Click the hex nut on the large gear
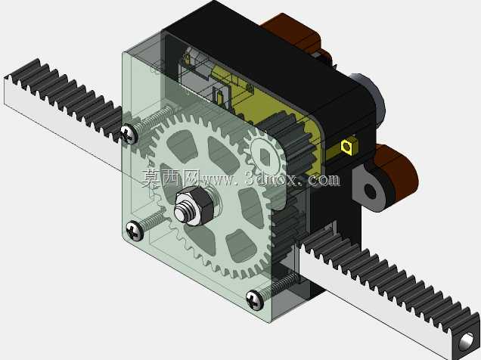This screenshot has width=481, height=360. [x=193, y=206]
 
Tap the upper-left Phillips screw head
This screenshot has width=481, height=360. [x=129, y=135]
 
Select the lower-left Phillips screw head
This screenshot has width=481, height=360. [x=135, y=231]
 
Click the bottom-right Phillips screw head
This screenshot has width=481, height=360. [x=255, y=299]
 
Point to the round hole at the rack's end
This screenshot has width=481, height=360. [x=467, y=340]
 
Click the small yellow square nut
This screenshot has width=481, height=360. [x=347, y=146]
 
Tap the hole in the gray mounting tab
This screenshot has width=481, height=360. [x=371, y=191]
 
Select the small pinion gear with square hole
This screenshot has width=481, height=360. [x=265, y=157]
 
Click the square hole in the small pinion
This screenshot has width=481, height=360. [x=265, y=157]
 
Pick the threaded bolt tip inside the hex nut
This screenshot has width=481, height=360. [x=183, y=209]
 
